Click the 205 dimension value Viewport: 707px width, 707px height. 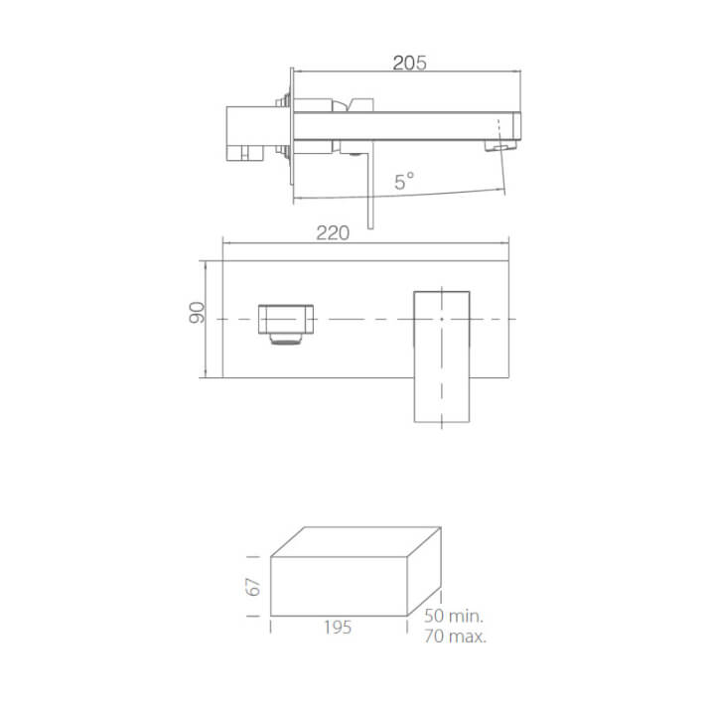click(409, 63)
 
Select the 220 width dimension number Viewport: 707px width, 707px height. click(333, 233)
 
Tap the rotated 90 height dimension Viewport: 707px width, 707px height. click(197, 313)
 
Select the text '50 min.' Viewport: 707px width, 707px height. click(453, 618)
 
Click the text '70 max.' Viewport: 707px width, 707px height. click(453, 636)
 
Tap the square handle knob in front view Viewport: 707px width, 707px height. click(285, 319)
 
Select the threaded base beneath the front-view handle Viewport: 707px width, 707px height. click(286, 343)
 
